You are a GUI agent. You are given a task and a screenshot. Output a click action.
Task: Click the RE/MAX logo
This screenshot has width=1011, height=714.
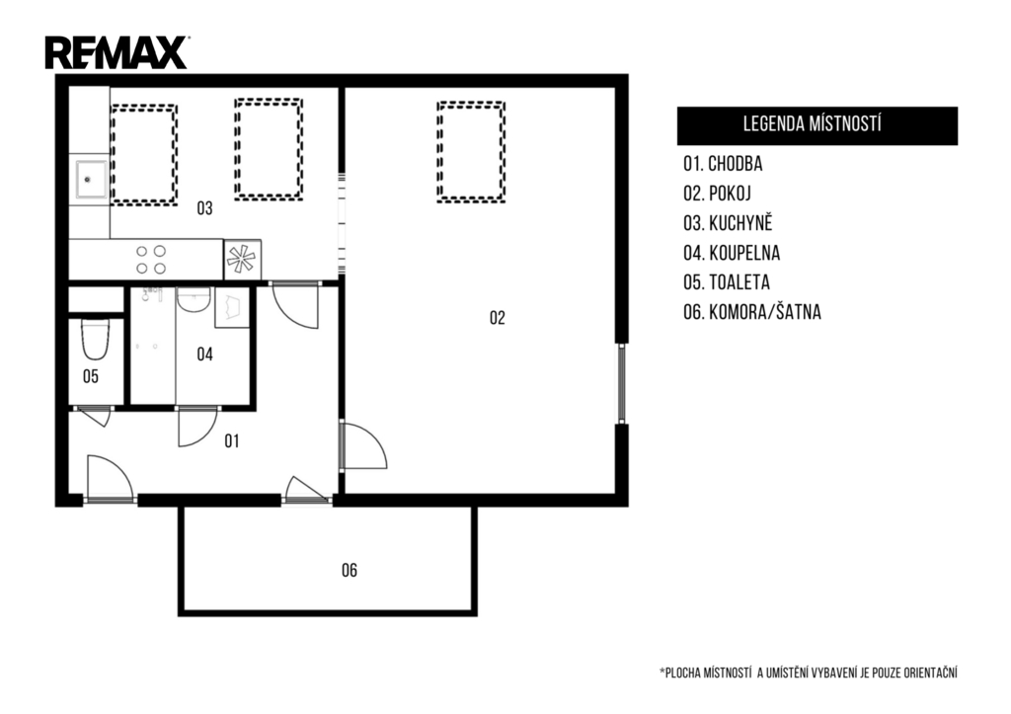117,52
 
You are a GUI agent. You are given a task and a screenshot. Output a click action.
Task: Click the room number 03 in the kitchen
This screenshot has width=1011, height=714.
204,208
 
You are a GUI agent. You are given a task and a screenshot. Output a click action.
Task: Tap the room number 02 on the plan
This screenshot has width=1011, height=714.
498,317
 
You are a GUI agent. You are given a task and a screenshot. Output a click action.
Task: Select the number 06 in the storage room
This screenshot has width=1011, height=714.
349,570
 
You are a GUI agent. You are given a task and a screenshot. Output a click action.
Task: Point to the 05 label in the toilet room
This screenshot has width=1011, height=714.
90,376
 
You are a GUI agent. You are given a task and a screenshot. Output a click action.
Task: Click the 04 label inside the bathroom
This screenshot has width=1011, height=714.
204,355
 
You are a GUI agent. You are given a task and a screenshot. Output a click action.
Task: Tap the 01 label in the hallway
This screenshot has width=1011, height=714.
231,441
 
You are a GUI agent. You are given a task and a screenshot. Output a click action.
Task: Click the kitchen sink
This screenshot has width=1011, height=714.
88,180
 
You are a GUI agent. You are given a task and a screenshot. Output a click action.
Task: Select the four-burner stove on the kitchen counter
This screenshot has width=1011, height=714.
151,260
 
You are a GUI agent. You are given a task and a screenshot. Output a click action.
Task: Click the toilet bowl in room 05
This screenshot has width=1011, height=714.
95,340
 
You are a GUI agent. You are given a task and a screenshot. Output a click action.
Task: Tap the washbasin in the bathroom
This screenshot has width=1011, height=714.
194,300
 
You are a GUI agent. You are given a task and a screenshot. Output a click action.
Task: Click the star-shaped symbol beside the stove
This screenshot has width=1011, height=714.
242,260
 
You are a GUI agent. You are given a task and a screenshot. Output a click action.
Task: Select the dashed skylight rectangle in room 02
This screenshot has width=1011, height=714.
471,152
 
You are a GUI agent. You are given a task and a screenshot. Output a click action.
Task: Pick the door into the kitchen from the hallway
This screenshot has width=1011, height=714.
294,305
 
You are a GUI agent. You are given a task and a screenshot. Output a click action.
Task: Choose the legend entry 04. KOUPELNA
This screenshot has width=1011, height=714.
732,253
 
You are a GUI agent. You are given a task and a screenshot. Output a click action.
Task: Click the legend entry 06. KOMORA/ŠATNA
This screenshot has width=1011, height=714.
752,313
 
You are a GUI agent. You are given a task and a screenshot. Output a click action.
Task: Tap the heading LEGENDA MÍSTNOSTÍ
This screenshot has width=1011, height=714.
812,123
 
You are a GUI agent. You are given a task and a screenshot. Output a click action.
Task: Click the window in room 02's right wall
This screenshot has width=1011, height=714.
622,383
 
